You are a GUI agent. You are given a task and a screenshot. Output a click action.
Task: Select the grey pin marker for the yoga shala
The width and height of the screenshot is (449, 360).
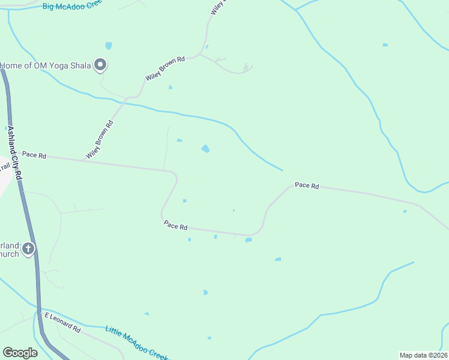(100, 64)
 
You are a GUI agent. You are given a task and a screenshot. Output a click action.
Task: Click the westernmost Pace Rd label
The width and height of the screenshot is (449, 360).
(34, 155)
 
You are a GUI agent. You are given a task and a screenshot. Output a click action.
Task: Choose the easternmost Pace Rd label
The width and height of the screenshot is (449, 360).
(307, 185)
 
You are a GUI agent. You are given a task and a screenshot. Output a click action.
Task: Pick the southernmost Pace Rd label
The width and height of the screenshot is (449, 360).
(176, 226)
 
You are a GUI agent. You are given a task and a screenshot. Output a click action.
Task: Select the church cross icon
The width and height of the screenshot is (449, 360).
(28, 248)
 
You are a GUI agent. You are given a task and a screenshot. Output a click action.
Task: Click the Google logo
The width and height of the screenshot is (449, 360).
(20, 353)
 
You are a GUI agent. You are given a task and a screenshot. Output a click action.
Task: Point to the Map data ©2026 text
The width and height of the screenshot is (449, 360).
(423, 355)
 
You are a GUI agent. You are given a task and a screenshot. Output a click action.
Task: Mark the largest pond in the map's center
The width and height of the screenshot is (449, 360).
(206, 149)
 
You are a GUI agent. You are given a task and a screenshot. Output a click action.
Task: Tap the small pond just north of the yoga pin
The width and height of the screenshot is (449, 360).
(109, 46)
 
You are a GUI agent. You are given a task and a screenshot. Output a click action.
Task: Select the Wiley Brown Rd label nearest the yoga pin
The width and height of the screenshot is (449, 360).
(164, 69)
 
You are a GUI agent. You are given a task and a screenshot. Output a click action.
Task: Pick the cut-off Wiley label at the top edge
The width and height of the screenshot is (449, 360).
(217, 8)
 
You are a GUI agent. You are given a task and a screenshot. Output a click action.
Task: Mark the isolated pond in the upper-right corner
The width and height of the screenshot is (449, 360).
(385, 44)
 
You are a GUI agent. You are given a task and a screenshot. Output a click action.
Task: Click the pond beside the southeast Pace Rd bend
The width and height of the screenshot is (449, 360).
(248, 240)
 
